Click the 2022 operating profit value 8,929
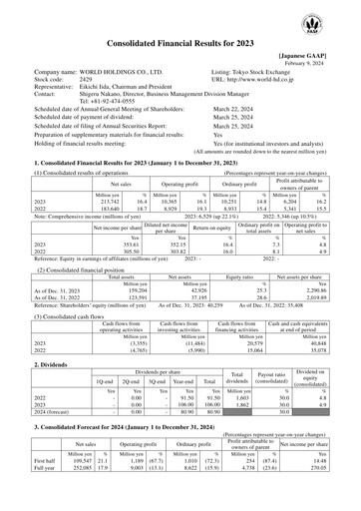(x=144, y=209)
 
